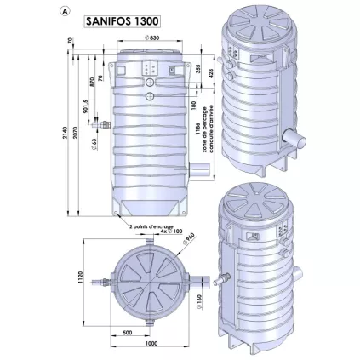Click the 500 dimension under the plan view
coord(127,333)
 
